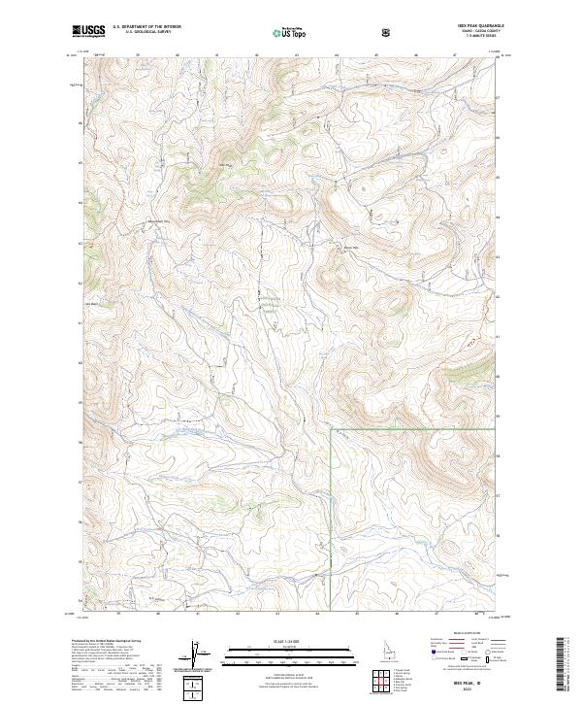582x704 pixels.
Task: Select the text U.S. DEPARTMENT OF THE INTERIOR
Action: (x=146, y=27)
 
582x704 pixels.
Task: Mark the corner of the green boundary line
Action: (x=332, y=427)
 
